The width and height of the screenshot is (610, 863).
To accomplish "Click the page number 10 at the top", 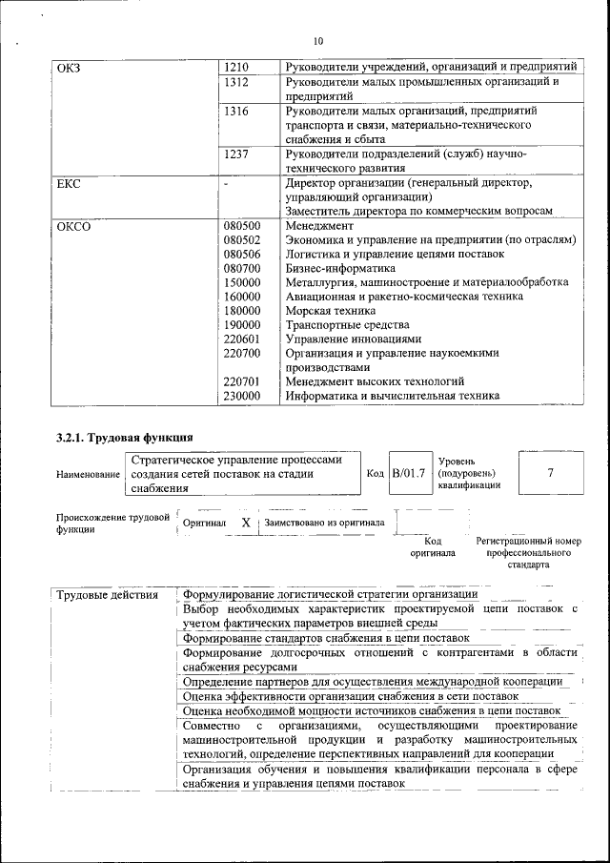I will click(318, 41).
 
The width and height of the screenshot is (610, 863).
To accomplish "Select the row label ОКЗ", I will click(71, 67).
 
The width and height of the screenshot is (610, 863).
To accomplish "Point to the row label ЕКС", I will click(70, 183).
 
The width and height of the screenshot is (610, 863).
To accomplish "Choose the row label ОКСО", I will click(74, 226).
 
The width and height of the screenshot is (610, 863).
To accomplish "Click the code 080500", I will click(242, 226).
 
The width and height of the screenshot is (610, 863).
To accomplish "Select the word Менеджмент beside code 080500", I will click(319, 226).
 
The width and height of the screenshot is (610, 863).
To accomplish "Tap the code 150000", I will click(242, 282).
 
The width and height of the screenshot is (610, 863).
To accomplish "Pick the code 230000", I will click(242, 396).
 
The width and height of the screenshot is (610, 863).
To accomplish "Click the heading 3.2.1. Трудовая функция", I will click(118, 439).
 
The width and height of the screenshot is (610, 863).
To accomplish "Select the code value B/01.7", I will click(409, 473).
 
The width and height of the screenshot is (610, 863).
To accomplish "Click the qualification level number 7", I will click(550, 473).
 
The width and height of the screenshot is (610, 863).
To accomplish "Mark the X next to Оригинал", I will click(246, 523).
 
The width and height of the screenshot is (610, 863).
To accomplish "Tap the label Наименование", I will click(88, 474).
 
